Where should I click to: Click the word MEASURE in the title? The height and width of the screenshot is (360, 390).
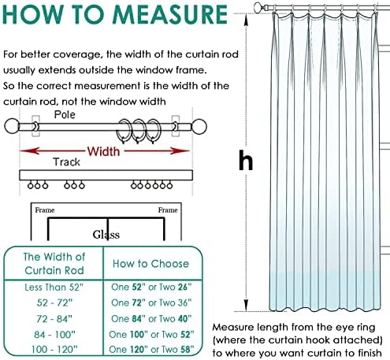pos(170,14)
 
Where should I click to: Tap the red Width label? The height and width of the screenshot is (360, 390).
pos(103,151)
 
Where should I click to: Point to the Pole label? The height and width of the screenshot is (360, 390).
pos(65,115)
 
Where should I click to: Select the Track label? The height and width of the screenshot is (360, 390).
pos(66,162)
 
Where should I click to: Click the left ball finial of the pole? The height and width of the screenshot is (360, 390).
pos(12,126)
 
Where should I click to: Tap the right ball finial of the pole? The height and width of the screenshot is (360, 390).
pos(199,127)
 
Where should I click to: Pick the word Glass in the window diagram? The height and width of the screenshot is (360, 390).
pos(106,235)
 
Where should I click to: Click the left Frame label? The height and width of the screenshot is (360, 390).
pos(45,210)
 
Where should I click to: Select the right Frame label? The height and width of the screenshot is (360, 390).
pos(168,210)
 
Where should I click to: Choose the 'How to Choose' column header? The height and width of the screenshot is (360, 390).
pos(150,264)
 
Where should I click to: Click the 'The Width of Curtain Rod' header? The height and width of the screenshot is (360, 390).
pos(54,264)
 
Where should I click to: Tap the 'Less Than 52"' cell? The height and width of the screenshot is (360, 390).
pos(54,288)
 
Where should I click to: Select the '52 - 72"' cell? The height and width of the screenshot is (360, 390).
pos(54,303)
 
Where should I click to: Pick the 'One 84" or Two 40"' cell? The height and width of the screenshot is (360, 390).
pos(151,319)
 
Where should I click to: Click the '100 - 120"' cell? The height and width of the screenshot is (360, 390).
pos(54,350)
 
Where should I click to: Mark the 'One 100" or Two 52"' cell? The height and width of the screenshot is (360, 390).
pos(151,335)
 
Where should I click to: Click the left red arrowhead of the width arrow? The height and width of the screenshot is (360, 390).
pos(29,151)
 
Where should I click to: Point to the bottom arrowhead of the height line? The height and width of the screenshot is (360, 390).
pos(246,306)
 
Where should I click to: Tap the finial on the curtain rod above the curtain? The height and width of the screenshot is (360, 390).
pos(258,7)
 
